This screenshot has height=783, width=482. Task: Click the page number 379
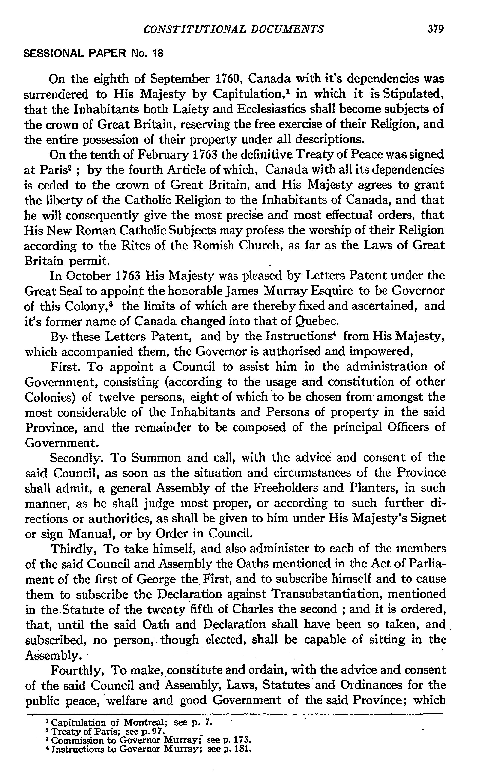coord(436,29)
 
